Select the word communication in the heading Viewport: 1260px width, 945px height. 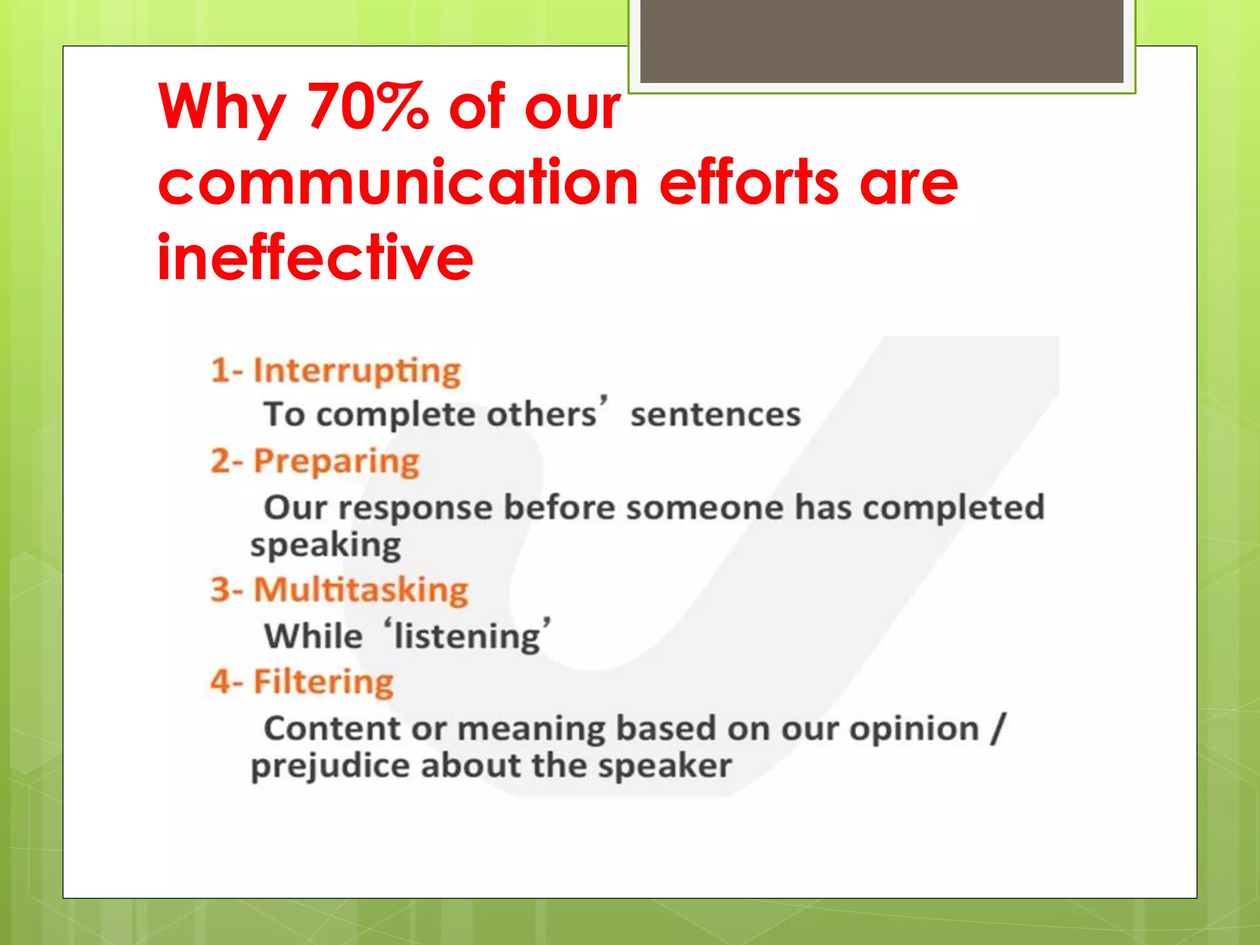click(x=399, y=183)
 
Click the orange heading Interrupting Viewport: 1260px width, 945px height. click(x=356, y=371)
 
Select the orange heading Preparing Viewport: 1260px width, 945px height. click(x=336, y=461)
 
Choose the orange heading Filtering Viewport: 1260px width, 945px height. click(x=323, y=682)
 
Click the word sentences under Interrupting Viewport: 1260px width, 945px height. click(x=716, y=414)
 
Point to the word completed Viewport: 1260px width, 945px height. click(x=953, y=508)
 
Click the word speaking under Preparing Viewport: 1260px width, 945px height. click(x=325, y=545)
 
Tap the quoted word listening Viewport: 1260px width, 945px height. click(x=467, y=636)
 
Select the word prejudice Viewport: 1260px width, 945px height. click(x=330, y=766)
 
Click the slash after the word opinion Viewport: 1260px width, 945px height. click(x=998, y=728)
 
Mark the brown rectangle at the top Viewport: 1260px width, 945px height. click(x=881, y=41)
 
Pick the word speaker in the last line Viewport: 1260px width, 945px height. click(x=665, y=766)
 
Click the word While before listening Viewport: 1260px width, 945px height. click(x=313, y=636)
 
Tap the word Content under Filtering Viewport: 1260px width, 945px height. click(x=332, y=728)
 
